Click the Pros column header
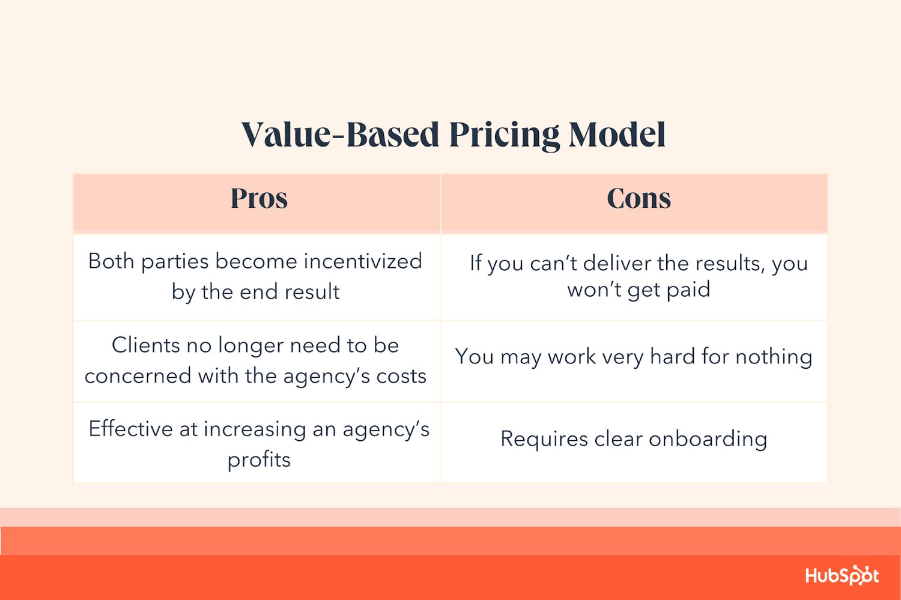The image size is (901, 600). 259,199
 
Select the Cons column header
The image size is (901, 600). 639,199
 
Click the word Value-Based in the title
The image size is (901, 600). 341,135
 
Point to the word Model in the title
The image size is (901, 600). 617,135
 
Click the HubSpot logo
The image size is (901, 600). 842,576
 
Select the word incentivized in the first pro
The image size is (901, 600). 363,261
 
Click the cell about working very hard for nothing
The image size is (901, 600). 634,357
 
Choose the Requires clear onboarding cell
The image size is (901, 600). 634,439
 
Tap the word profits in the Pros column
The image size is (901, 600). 259,460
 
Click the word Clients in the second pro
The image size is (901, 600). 145,345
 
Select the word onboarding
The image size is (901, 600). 708,439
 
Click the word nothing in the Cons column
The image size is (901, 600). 774,357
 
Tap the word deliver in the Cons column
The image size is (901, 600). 617,264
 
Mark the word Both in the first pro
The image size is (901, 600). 111,261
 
